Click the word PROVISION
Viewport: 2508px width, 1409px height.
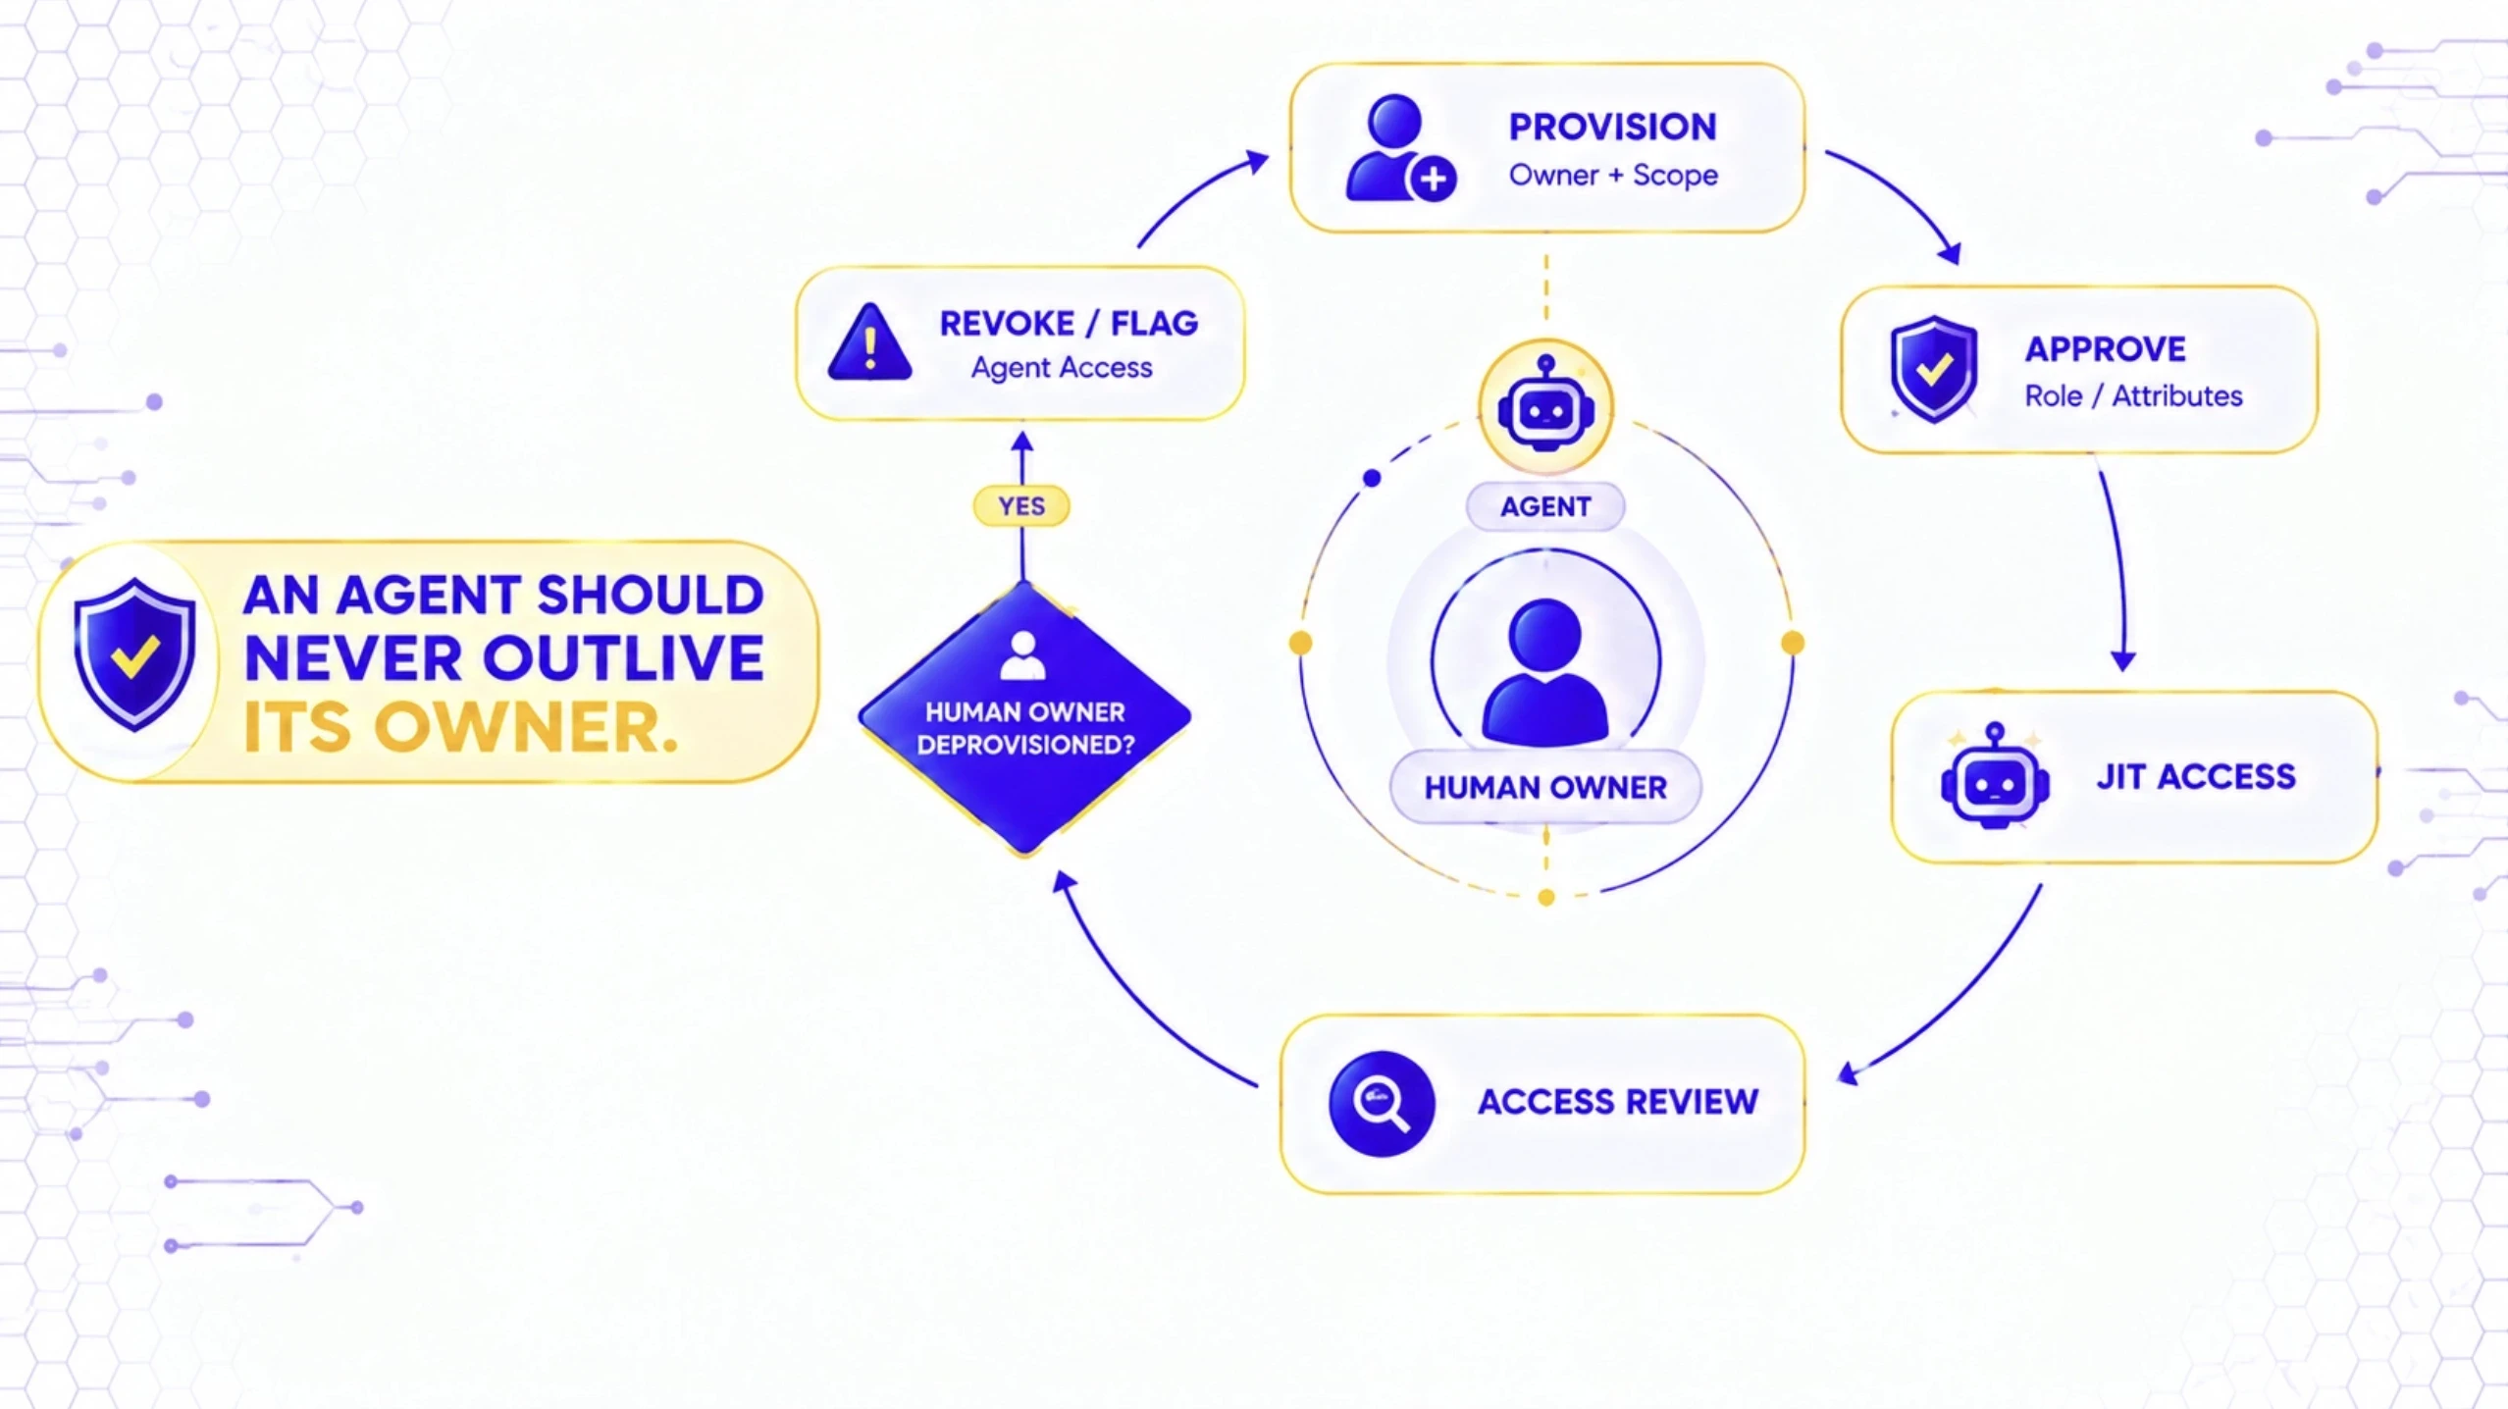coord(1612,127)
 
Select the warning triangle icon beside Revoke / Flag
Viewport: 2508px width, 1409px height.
coord(869,341)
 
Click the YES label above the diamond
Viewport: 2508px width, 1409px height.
coord(1021,506)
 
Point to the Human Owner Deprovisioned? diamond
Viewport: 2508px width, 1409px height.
coord(1024,718)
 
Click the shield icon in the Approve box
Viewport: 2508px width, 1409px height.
coord(1934,369)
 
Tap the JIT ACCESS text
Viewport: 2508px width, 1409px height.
coord(2196,777)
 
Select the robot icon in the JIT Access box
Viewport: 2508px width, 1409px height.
coord(1995,777)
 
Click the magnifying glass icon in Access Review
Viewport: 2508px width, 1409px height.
coord(1382,1104)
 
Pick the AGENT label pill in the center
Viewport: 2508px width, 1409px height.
coord(1545,506)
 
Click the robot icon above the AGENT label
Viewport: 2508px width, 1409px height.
coord(1545,405)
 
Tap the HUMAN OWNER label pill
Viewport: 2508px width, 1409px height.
coord(1545,787)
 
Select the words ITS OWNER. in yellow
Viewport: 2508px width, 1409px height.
coord(460,728)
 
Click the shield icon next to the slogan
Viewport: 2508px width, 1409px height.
coord(134,655)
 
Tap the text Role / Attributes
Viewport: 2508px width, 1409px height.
coord(2133,396)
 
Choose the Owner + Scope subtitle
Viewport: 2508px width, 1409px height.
coord(1613,176)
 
